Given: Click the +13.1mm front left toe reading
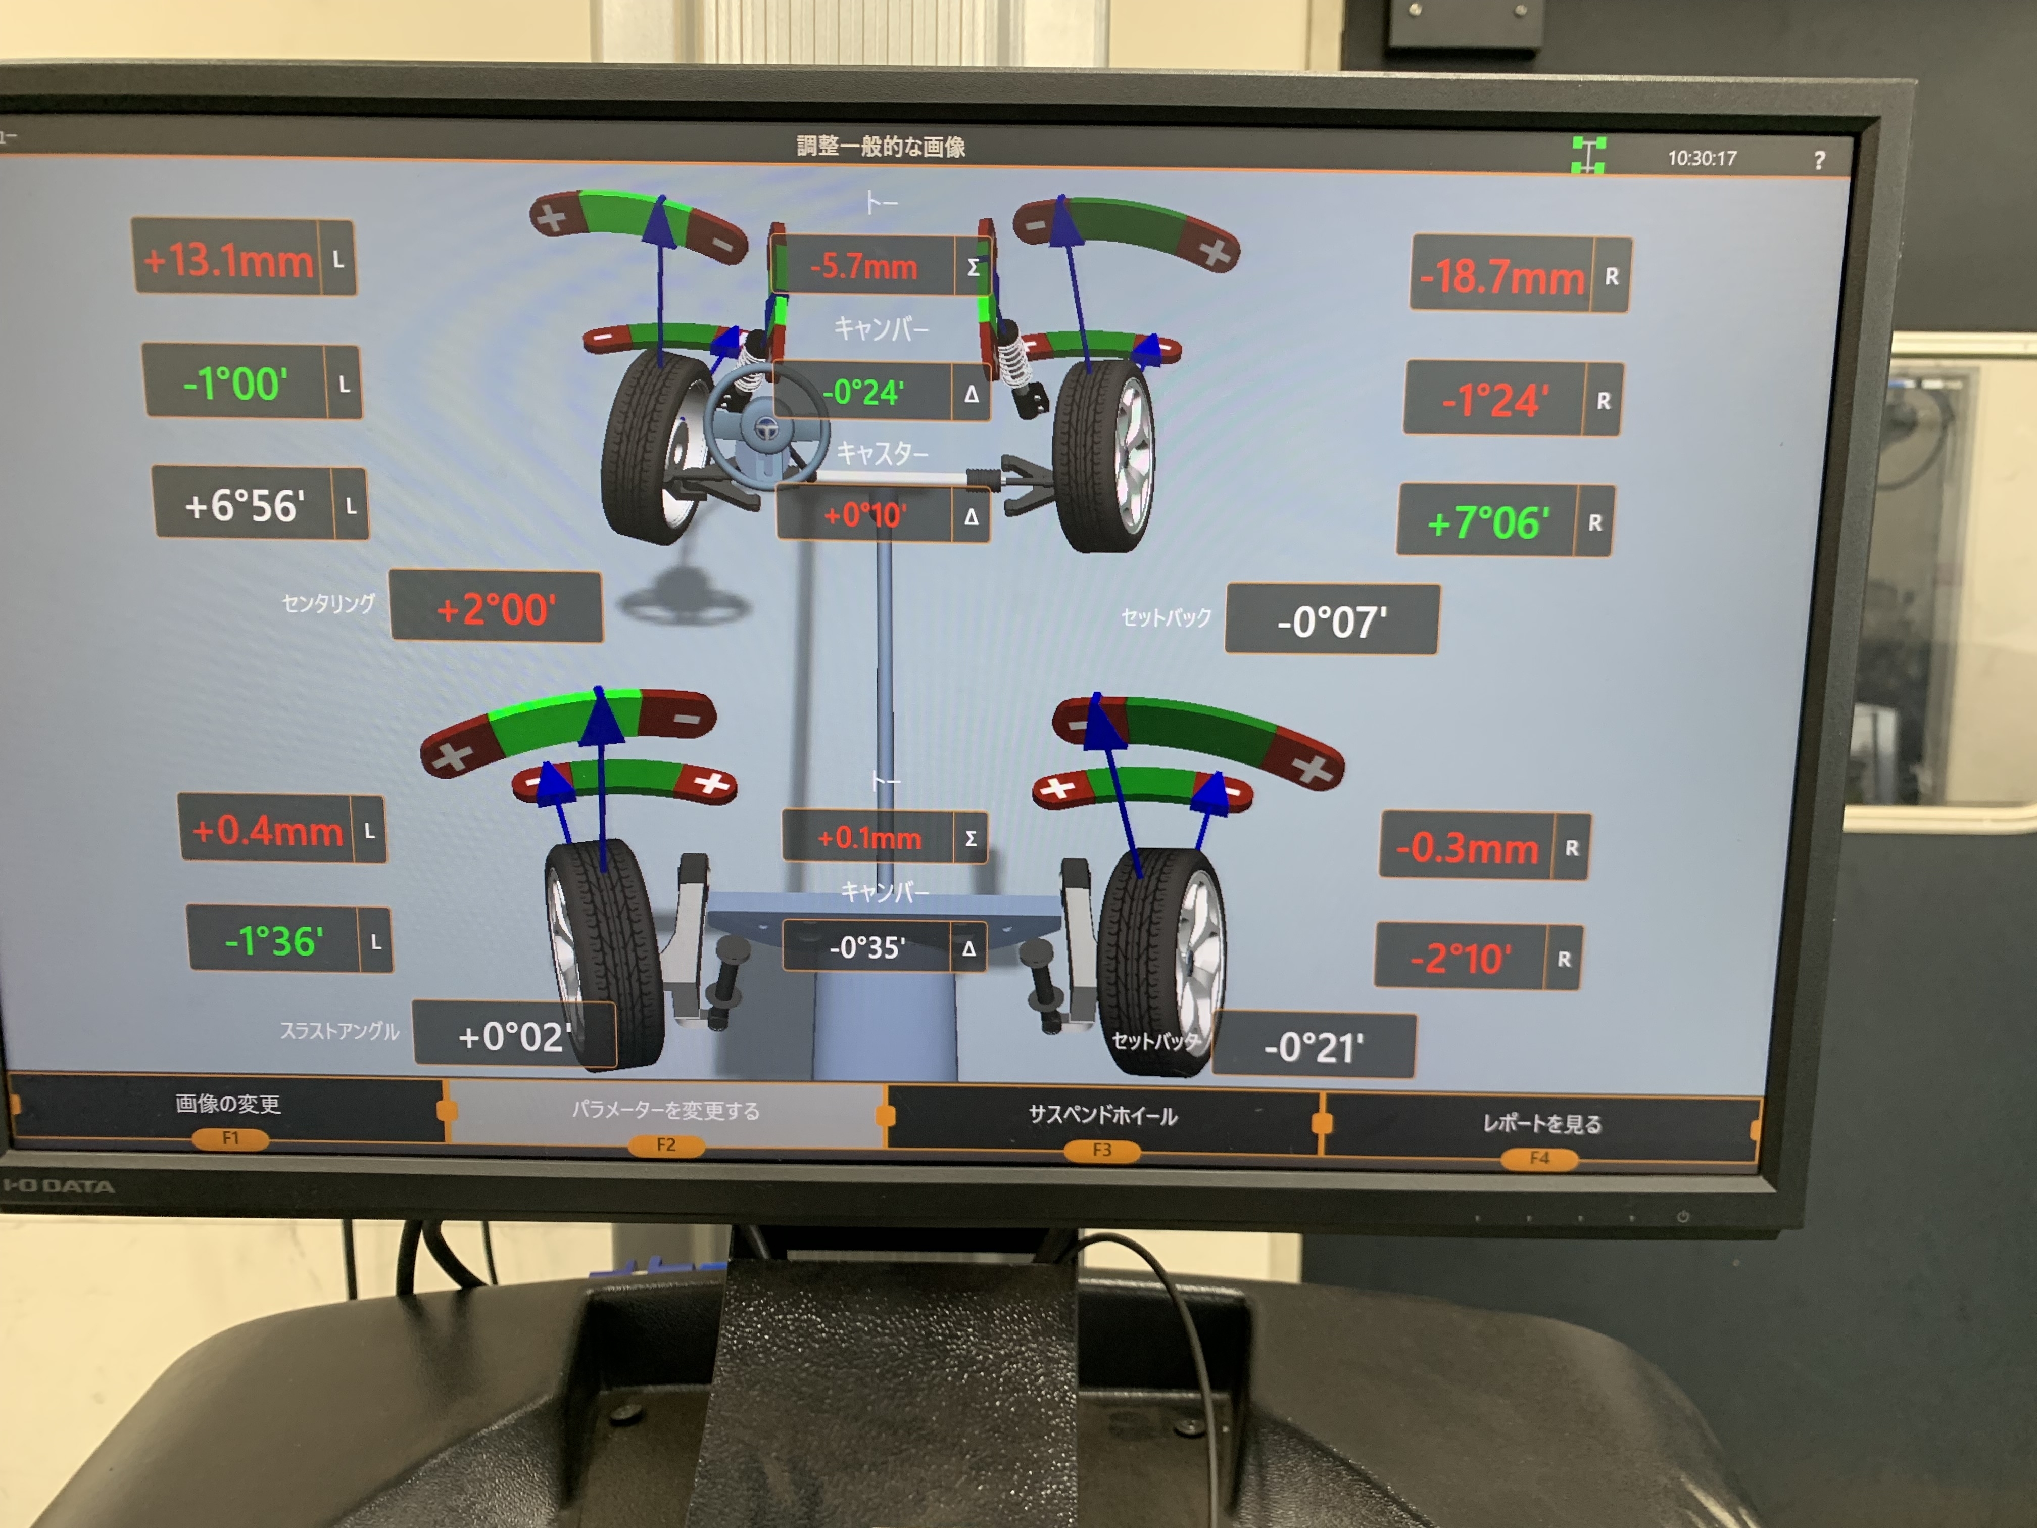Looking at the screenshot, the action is click(227, 260).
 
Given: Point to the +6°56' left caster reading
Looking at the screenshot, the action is click(244, 505).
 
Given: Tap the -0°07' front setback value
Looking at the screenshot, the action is click(1332, 622).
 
